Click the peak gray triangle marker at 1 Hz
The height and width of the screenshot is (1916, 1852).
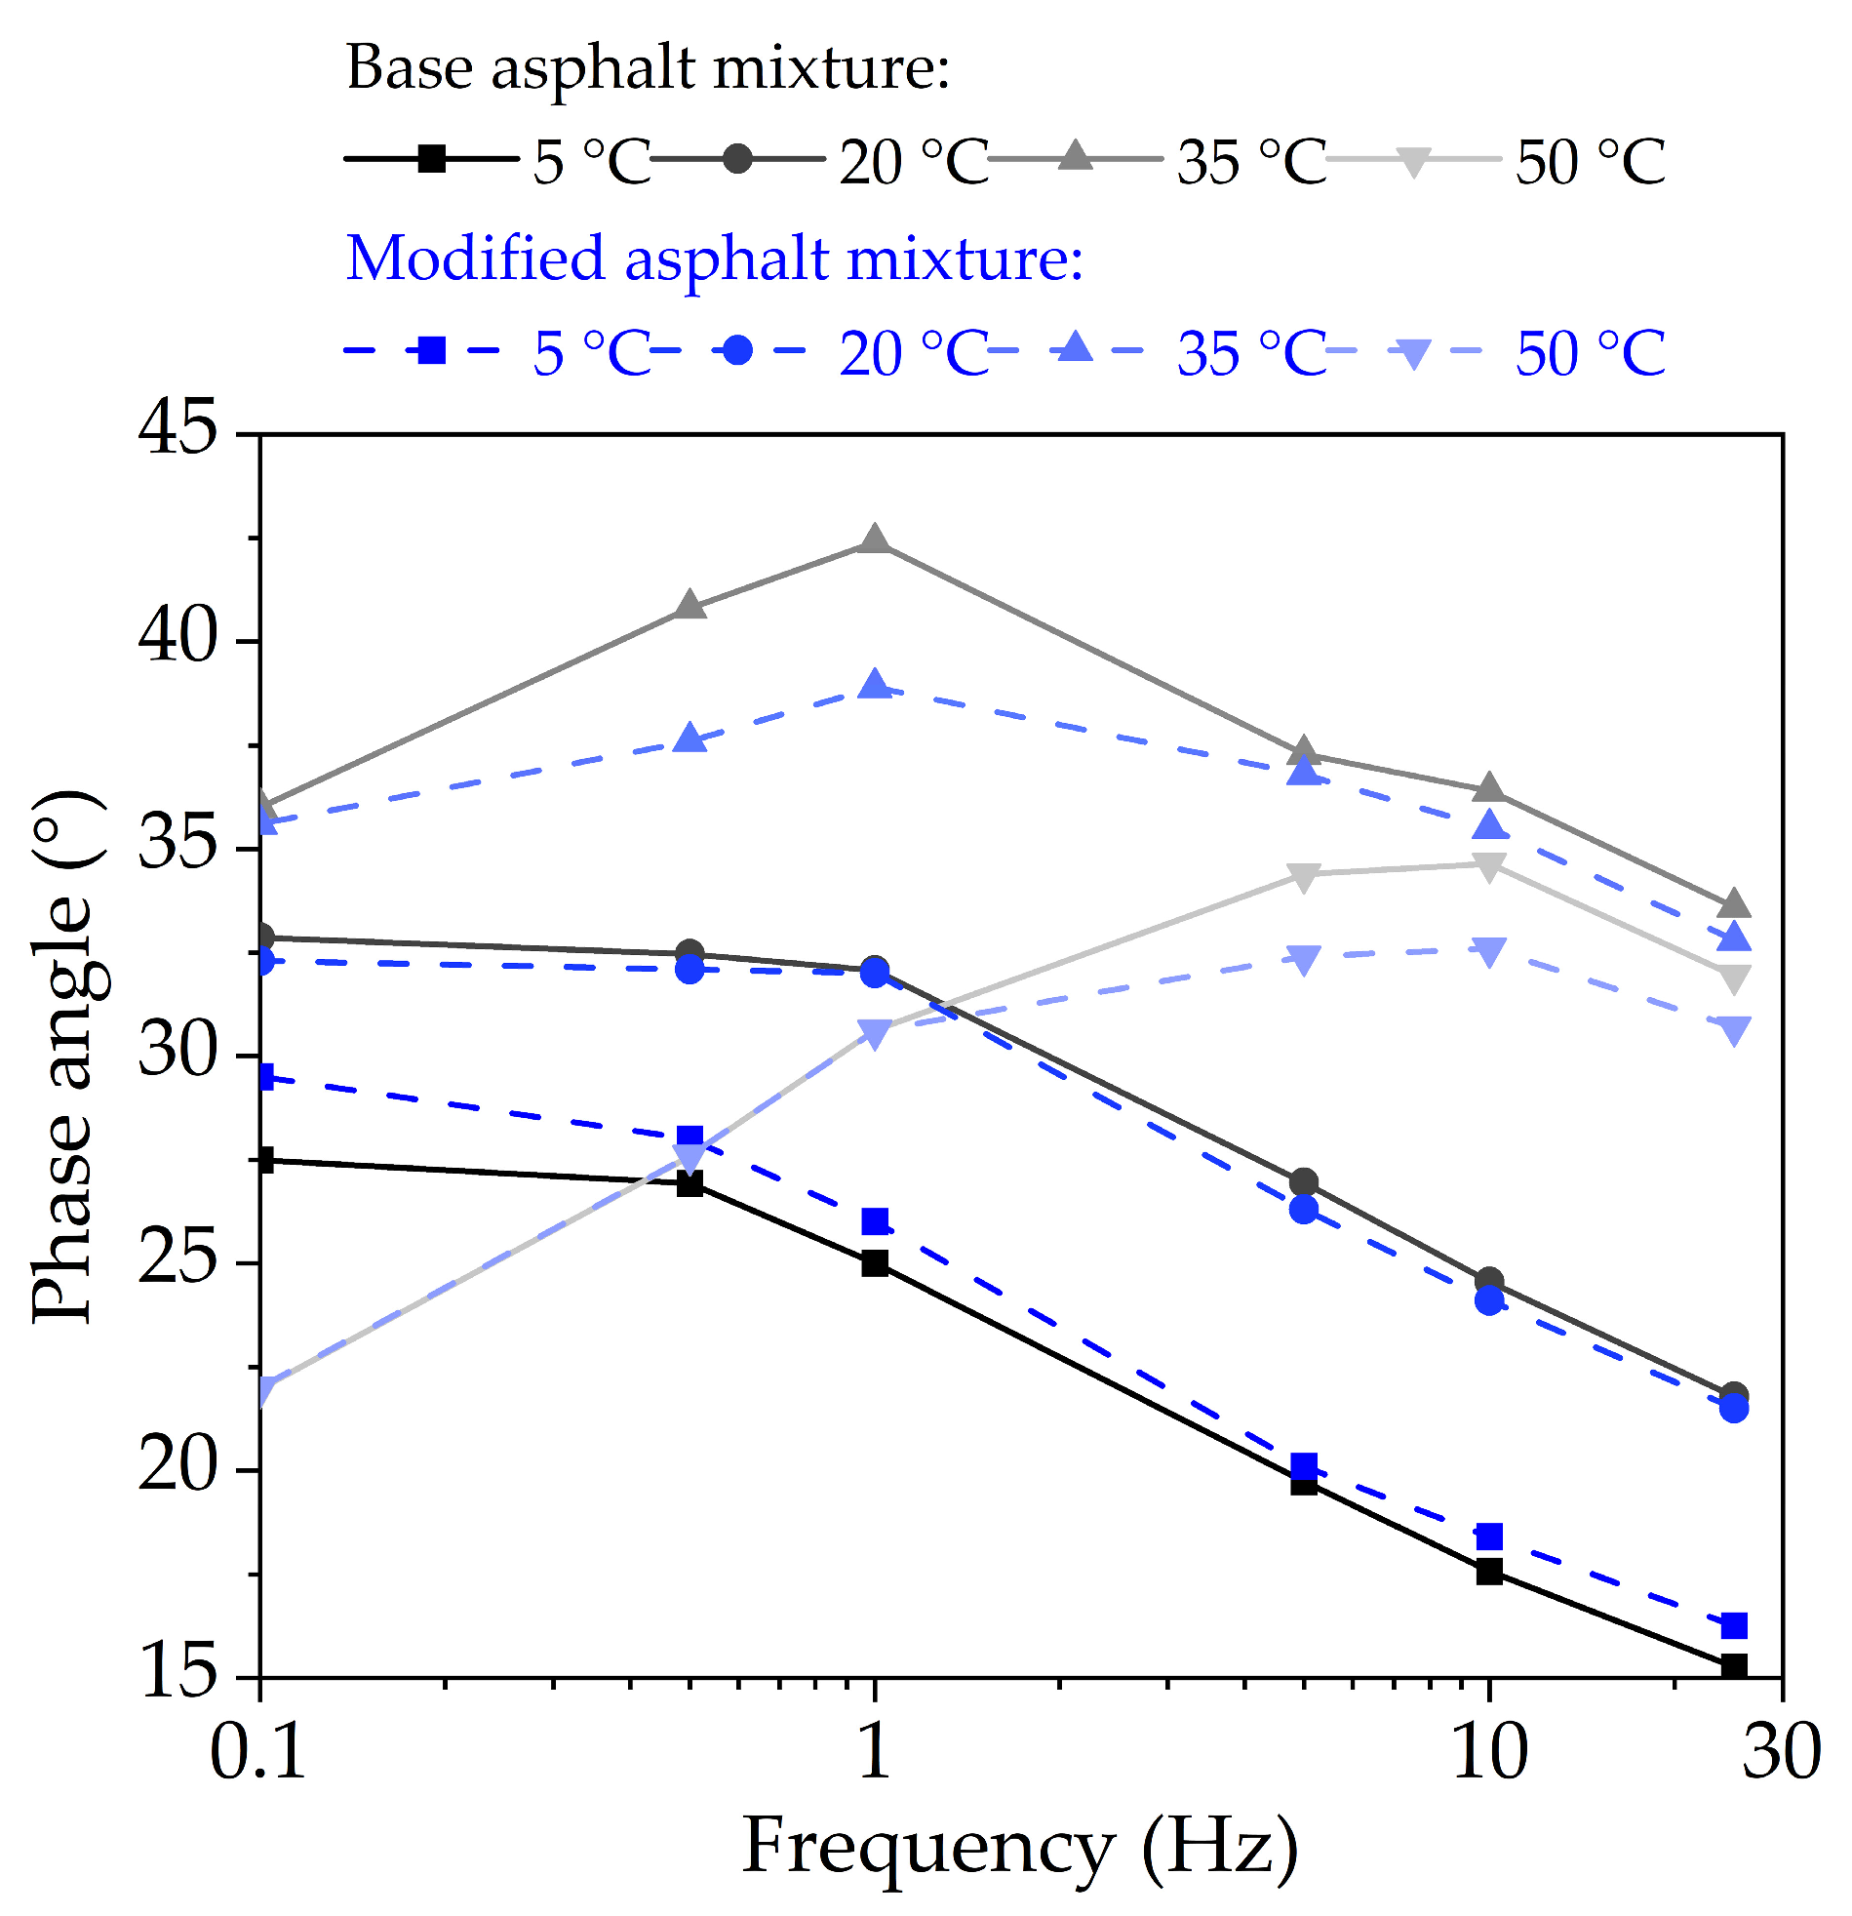875,540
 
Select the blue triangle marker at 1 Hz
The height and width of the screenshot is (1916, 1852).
875,686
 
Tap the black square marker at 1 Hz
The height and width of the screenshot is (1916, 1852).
875,1263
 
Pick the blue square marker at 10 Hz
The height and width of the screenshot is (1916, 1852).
1488,1537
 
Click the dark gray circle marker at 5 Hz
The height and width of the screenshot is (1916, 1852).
1304,1182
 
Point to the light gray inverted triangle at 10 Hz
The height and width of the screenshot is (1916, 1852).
1488,867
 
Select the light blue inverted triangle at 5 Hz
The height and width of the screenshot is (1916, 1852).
1304,959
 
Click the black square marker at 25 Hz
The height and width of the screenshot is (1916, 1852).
1734,1665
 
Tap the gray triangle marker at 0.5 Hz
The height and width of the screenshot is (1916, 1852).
690,606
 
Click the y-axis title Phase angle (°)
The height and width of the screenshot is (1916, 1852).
63,1056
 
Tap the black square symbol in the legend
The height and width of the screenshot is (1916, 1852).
431,158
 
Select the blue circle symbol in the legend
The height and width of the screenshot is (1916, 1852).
737,350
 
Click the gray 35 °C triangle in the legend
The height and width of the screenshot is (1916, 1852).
1075,156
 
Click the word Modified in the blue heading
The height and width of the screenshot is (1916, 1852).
475,260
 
